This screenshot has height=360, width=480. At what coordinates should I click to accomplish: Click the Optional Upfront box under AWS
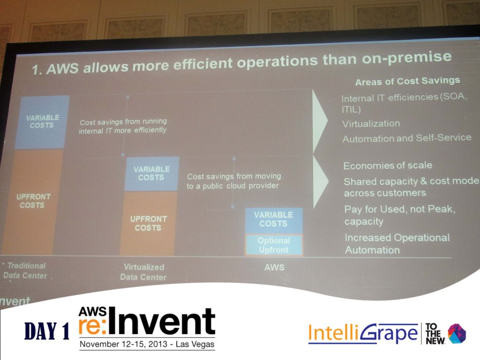[x=274, y=245]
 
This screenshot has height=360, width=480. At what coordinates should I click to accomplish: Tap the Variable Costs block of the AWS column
[x=274, y=221]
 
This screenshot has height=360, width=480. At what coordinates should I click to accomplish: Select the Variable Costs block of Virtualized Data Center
[x=151, y=173]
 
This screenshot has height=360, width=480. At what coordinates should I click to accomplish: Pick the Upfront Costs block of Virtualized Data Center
[x=148, y=223]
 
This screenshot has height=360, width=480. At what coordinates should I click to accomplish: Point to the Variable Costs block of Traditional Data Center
[x=42, y=122]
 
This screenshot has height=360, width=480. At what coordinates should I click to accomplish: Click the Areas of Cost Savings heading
[x=407, y=81]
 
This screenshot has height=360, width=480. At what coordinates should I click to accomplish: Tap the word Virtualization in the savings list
[x=371, y=124]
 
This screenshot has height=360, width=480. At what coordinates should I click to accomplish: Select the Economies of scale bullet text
[x=388, y=165]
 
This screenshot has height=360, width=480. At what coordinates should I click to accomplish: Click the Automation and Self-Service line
[x=407, y=138]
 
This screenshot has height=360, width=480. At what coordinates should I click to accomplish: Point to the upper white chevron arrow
[x=320, y=121]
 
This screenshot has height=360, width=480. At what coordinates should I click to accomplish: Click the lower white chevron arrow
[x=321, y=182]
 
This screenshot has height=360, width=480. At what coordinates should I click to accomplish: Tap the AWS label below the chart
[x=274, y=268]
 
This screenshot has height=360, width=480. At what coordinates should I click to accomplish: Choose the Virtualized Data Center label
[x=143, y=272]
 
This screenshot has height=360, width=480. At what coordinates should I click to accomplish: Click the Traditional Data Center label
[x=25, y=270]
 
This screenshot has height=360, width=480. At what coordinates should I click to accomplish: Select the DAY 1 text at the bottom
[x=47, y=331]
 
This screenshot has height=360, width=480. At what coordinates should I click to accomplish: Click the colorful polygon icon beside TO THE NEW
[x=457, y=333]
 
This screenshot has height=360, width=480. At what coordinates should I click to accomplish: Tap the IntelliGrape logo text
[x=363, y=333]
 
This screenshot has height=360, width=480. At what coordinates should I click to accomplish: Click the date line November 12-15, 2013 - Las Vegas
[x=147, y=344]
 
